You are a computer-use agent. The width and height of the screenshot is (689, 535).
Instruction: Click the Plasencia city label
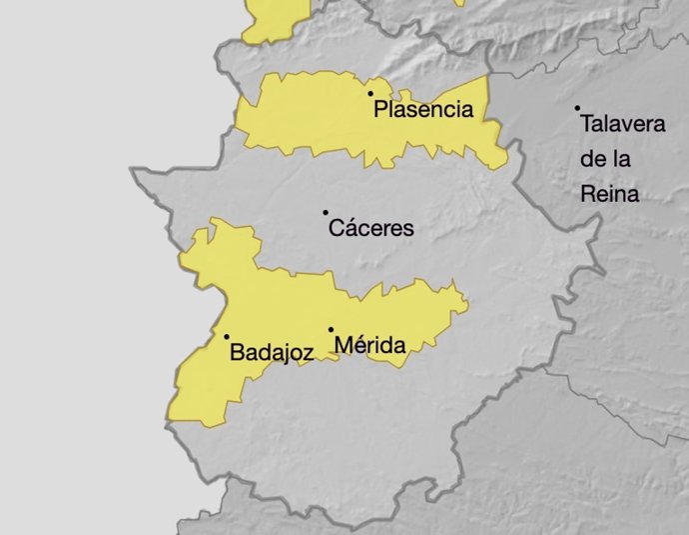[x=422, y=110]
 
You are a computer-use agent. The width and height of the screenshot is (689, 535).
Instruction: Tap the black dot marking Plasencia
[x=370, y=93]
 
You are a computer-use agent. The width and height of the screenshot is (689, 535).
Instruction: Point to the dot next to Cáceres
[x=326, y=212]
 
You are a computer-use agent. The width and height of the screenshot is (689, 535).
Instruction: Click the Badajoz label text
[x=272, y=352]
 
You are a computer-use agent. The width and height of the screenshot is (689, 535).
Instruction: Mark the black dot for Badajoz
[x=227, y=336]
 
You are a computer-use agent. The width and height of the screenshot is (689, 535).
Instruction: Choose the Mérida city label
[x=370, y=347]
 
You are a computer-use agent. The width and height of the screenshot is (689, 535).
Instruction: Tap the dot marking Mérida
[x=331, y=329]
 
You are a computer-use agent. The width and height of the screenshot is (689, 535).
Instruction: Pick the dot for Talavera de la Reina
[x=577, y=108]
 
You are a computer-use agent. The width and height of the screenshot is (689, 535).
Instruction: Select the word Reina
[x=609, y=194]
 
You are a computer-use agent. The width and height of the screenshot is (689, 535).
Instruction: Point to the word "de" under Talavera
[x=592, y=159]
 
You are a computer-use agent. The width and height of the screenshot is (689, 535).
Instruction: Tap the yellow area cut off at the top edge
[x=275, y=18]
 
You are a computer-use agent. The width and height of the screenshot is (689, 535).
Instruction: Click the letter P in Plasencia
[x=380, y=110]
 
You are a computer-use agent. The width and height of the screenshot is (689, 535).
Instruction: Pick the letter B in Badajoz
[x=237, y=352]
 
